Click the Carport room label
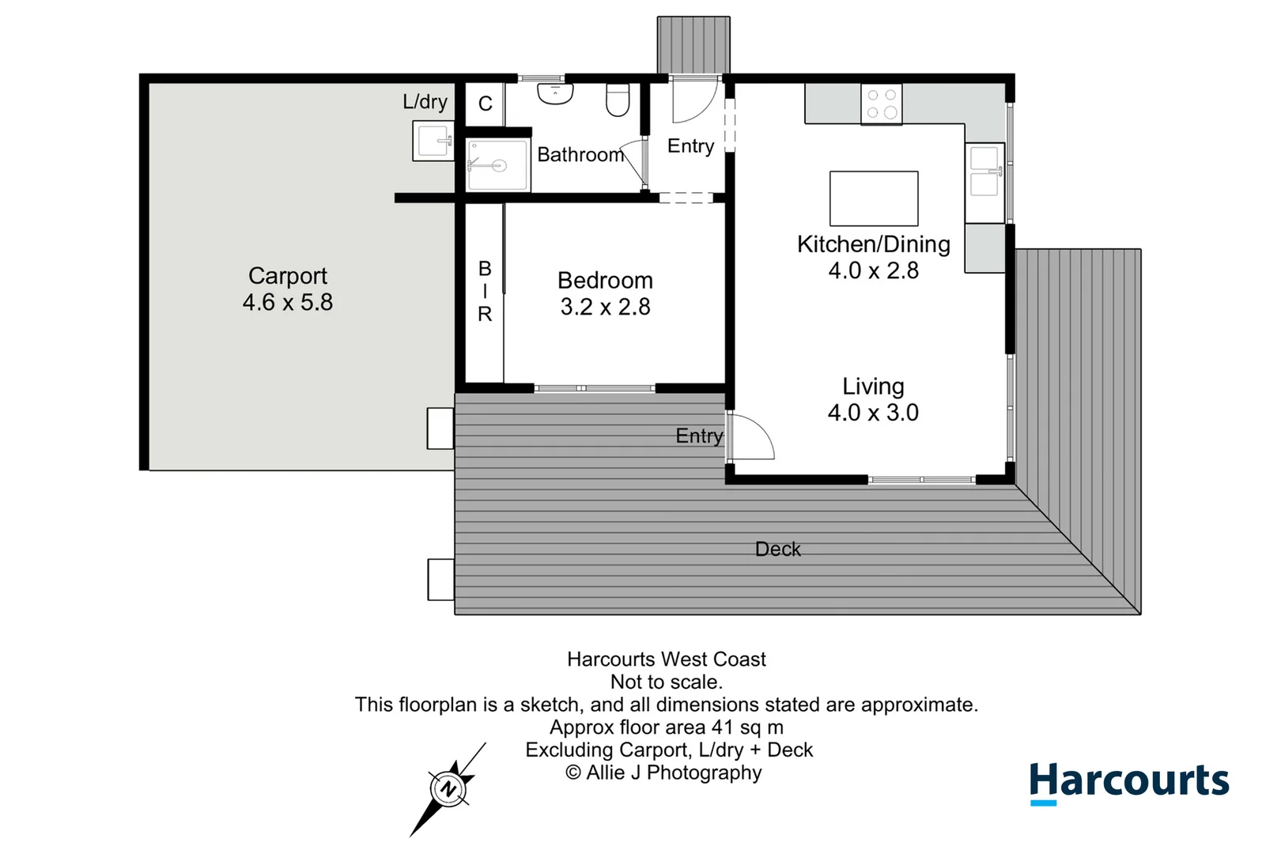pyautogui.click(x=288, y=276)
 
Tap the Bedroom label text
pyautogui.click(x=605, y=280)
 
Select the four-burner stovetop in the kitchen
pyautogui.click(x=881, y=104)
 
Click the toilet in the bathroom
pyautogui.click(x=618, y=100)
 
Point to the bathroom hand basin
pyautogui.click(x=555, y=94)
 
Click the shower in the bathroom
pyautogui.click(x=497, y=164)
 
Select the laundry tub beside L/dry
pyautogui.click(x=433, y=141)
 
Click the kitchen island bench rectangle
pyautogui.click(x=874, y=198)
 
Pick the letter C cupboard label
pyautogui.click(x=485, y=104)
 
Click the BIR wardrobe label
pyautogui.click(x=485, y=291)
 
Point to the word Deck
pyautogui.click(x=778, y=549)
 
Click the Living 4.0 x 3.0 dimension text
pyautogui.click(x=873, y=413)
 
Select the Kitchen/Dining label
pyautogui.click(x=873, y=244)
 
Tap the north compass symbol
pyautogui.click(x=448, y=789)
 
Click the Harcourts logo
pyautogui.click(x=1129, y=783)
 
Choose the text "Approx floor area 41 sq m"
pyautogui.click(x=667, y=727)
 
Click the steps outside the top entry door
pyautogui.click(x=693, y=45)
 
